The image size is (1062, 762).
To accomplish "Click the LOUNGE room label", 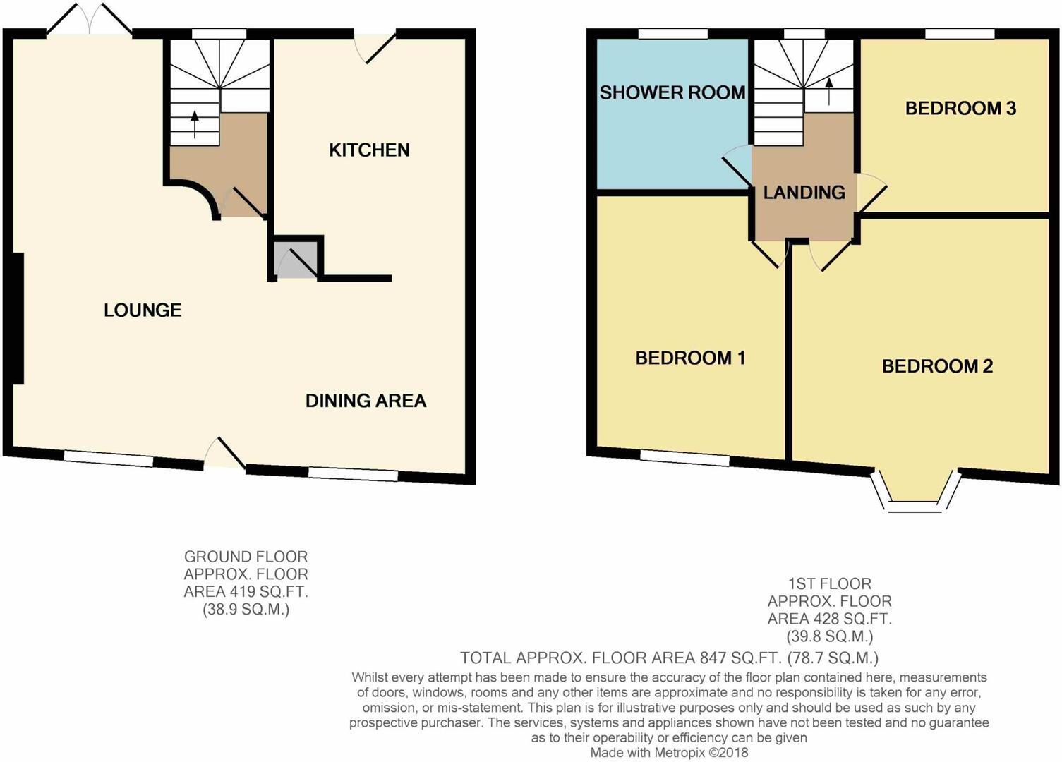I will (143, 310).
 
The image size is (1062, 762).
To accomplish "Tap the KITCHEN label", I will (369, 150).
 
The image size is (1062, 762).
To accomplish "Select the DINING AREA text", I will (366, 401).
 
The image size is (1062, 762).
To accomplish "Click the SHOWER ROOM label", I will (672, 92).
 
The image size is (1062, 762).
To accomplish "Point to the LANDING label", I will (804, 192).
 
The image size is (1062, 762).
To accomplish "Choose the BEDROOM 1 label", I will (690, 358).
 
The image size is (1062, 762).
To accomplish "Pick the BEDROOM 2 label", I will (937, 366).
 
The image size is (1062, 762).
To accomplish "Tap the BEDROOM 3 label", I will (960, 108).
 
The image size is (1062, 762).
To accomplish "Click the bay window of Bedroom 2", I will (915, 494).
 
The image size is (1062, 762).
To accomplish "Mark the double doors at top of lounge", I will (90, 20).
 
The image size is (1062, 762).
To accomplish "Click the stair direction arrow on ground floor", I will (195, 125).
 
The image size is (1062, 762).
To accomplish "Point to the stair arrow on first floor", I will (828, 91).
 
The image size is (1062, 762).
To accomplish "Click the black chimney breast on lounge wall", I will (17, 317).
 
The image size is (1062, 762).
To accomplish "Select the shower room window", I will (672, 34).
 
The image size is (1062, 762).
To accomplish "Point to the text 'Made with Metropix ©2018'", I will (669, 752).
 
